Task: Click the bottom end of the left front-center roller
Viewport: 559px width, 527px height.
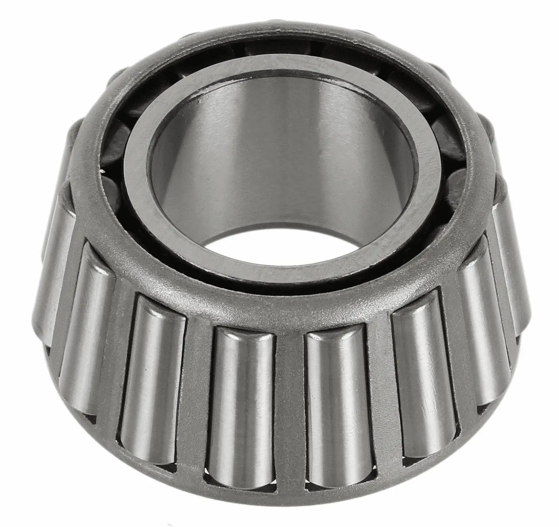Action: (x=242, y=480)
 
